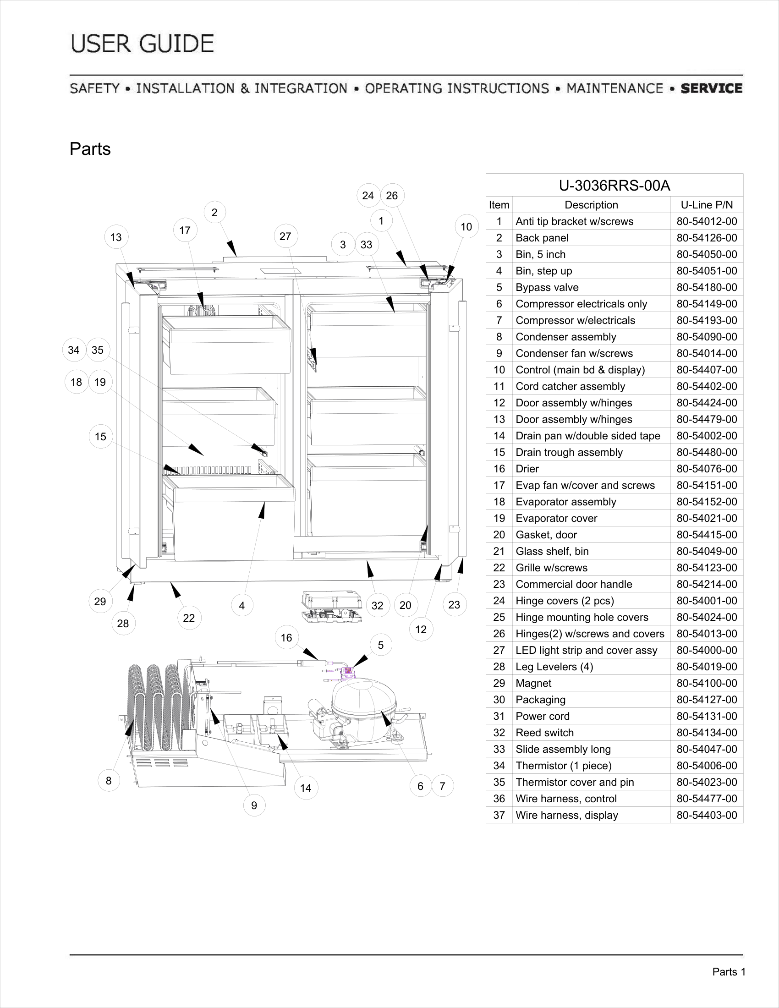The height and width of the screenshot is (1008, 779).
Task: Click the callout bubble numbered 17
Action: (x=185, y=230)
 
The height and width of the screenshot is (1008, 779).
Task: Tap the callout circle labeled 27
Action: (x=285, y=236)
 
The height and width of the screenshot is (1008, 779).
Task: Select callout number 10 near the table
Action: (x=466, y=227)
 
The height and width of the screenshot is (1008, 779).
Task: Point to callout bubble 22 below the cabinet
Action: (x=189, y=618)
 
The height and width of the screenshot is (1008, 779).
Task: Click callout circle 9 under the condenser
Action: (x=254, y=805)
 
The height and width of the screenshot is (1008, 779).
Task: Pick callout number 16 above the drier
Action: (x=286, y=638)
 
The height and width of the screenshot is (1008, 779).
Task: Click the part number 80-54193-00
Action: (x=707, y=320)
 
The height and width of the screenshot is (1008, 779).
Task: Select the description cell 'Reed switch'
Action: (x=544, y=733)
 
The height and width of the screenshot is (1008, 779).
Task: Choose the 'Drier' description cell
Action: (x=527, y=469)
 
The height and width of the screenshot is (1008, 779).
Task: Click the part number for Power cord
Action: (x=707, y=716)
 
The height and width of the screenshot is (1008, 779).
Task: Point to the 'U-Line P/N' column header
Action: (x=707, y=205)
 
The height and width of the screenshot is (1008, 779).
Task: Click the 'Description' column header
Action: (x=591, y=205)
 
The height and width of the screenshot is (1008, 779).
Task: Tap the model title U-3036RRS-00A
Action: (x=614, y=186)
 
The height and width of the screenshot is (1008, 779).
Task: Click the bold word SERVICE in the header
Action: (x=712, y=88)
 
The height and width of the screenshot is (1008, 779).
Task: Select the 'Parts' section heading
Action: (x=90, y=149)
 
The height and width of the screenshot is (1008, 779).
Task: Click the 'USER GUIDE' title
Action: (x=143, y=44)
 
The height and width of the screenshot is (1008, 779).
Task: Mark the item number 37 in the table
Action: (x=499, y=815)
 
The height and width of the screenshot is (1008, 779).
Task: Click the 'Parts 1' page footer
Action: (x=729, y=972)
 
